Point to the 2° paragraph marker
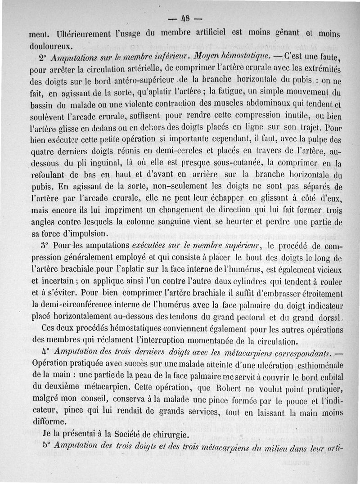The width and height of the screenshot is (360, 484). point(42,58)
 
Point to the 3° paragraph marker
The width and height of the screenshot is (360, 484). point(43,246)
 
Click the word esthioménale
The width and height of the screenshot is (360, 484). point(312,363)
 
